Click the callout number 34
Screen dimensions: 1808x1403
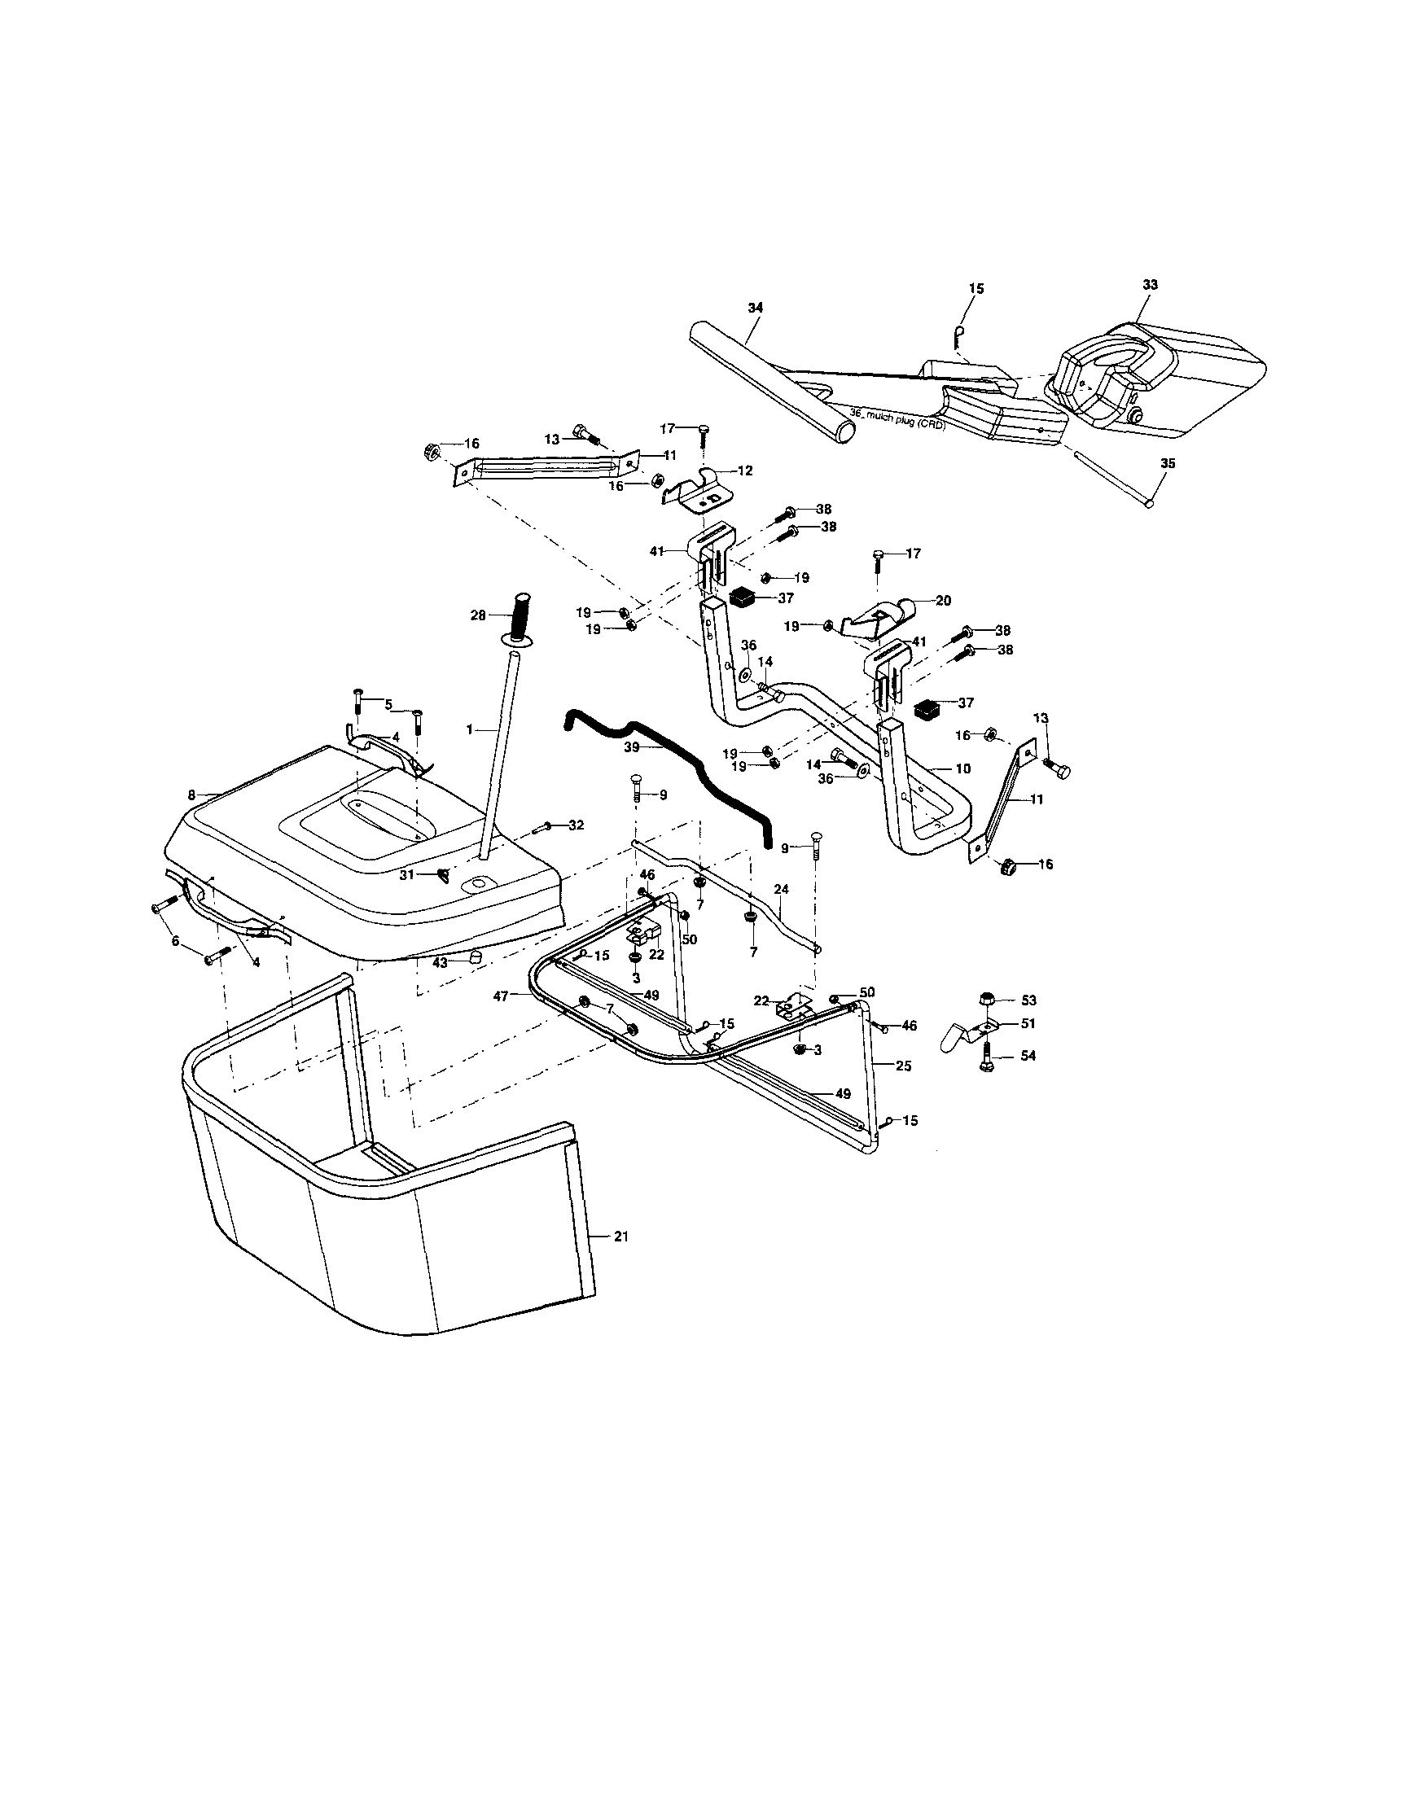click(755, 307)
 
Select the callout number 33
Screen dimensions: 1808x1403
click(1151, 284)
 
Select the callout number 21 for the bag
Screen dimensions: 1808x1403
click(621, 1259)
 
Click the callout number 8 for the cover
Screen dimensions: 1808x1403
click(191, 795)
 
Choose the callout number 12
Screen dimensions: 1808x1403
click(745, 471)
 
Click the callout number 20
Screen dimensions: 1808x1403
click(943, 601)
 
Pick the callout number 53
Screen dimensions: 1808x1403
click(1029, 1000)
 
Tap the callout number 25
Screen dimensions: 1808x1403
click(904, 1066)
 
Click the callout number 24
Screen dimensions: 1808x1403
click(781, 888)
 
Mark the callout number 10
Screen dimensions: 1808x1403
click(962, 768)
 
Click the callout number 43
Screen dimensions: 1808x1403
click(440, 963)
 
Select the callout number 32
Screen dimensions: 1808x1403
click(577, 825)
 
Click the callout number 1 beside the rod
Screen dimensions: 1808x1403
click(469, 729)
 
